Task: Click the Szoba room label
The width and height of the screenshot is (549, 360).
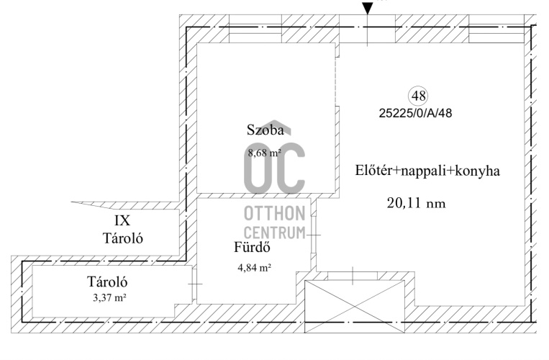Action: (265, 130)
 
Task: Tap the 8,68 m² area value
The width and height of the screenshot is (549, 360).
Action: (265, 153)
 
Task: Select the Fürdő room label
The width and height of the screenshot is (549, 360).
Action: (252, 247)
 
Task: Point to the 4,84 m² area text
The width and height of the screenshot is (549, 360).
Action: (255, 268)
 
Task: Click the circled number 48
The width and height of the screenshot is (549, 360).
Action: (419, 96)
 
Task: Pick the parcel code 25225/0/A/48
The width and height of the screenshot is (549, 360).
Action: (415, 113)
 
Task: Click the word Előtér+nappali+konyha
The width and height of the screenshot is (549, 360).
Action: (427, 171)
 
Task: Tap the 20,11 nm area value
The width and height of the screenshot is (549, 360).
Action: (417, 203)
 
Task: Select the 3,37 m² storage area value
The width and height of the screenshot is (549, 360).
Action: (109, 298)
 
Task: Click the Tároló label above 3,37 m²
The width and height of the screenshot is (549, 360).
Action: (107, 282)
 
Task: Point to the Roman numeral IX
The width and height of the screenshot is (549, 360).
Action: (122, 220)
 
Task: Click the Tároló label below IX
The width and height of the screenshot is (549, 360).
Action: (123, 238)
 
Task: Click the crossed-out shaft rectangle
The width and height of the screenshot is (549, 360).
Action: (355, 307)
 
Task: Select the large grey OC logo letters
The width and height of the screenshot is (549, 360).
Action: (275, 168)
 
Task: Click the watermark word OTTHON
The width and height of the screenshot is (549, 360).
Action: (275, 214)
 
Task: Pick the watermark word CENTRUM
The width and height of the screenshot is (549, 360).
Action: (275, 233)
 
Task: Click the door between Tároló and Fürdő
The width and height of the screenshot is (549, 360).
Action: (194, 284)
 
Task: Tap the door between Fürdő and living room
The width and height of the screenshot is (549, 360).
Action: (314, 235)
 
